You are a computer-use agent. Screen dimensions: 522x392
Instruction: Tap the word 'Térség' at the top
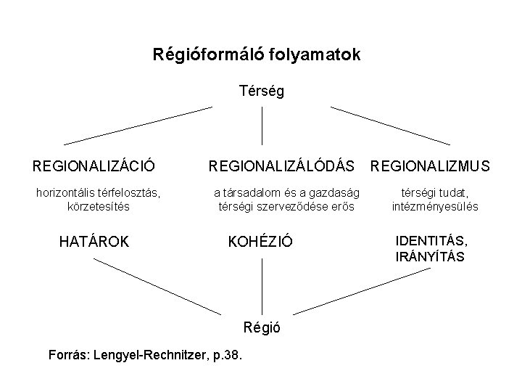pos(261,92)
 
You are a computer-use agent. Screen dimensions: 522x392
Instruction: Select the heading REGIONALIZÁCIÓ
pos(94,166)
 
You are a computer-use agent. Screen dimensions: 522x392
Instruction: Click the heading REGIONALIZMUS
pos(430,166)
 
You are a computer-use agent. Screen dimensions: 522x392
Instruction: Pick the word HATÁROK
pos(94,241)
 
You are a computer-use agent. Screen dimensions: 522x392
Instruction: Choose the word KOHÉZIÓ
pos(261,241)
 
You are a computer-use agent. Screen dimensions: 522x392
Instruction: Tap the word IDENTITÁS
pos(431,240)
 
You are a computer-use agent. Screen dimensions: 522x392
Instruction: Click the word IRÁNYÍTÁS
pos(430,256)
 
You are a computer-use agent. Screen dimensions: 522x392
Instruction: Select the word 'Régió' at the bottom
pos(261,327)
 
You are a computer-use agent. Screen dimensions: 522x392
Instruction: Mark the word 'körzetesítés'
pos(98,206)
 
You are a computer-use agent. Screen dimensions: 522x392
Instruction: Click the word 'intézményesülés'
pos(435,206)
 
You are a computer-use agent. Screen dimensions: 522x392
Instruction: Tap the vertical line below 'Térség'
pos(261,125)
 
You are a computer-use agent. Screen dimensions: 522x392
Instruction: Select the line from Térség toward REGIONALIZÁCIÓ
pos(138,126)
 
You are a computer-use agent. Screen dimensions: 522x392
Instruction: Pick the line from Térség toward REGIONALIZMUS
pos(390,126)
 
